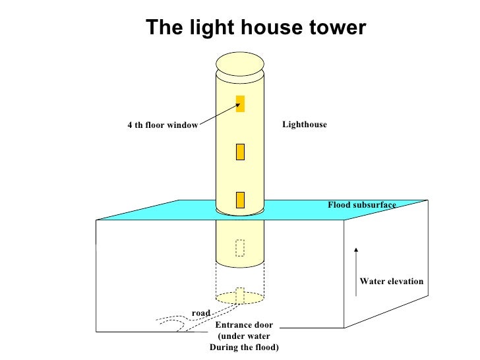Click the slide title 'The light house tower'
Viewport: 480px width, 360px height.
pyautogui.click(x=255, y=28)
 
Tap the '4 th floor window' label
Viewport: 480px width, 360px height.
pyautogui.click(x=162, y=125)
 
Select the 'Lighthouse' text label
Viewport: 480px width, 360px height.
pyautogui.click(x=304, y=124)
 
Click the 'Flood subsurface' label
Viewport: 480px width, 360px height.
pyautogui.click(x=362, y=205)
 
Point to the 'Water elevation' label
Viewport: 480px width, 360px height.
pyautogui.click(x=391, y=282)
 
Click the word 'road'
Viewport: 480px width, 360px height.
pyautogui.click(x=200, y=312)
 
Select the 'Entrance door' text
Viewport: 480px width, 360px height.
pyautogui.click(x=243, y=326)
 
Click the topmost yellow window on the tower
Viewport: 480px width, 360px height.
pyautogui.click(x=241, y=104)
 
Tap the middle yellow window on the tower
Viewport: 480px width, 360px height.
pyautogui.click(x=241, y=152)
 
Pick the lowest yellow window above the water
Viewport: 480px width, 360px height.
pyautogui.click(x=241, y=199)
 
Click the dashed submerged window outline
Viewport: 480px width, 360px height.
pyautogui.click(x=240, y=247)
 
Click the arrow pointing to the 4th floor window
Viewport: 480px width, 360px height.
pyautogui.click(x=218, y=113)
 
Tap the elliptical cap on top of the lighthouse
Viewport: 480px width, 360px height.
pyautogui.click(x=240, y=64)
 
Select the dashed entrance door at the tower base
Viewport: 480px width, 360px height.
pyautogui.click(x=241, y=295)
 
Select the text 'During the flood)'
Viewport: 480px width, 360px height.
pyautogui.click(x=244, y=347)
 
